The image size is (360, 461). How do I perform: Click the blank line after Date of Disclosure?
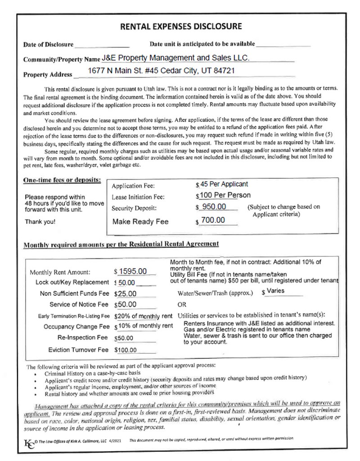point(102,45)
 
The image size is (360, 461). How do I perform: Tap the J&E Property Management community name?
point(175,58)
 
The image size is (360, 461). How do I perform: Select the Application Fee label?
point(133,185)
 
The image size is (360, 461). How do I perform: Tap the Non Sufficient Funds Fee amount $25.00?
point(126,294)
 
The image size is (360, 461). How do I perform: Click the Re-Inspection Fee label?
point(83,337)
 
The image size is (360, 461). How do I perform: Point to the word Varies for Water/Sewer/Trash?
point(276,291)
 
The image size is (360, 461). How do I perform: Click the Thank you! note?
point(40,222)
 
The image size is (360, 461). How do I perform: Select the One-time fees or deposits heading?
point(62,180)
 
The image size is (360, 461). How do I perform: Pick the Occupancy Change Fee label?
point(76,326)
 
